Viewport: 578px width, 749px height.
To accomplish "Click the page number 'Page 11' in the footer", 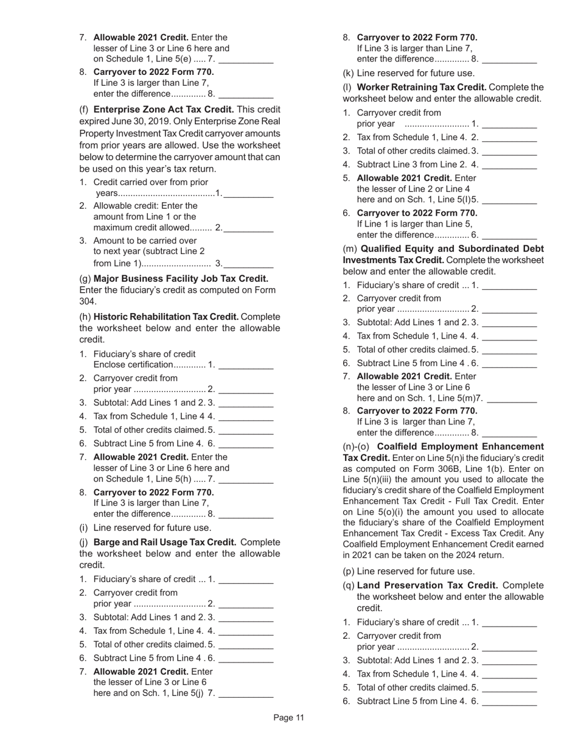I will [x=288, y=718].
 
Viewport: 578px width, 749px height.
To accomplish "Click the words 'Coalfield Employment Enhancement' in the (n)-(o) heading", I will [x=461, y=446].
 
